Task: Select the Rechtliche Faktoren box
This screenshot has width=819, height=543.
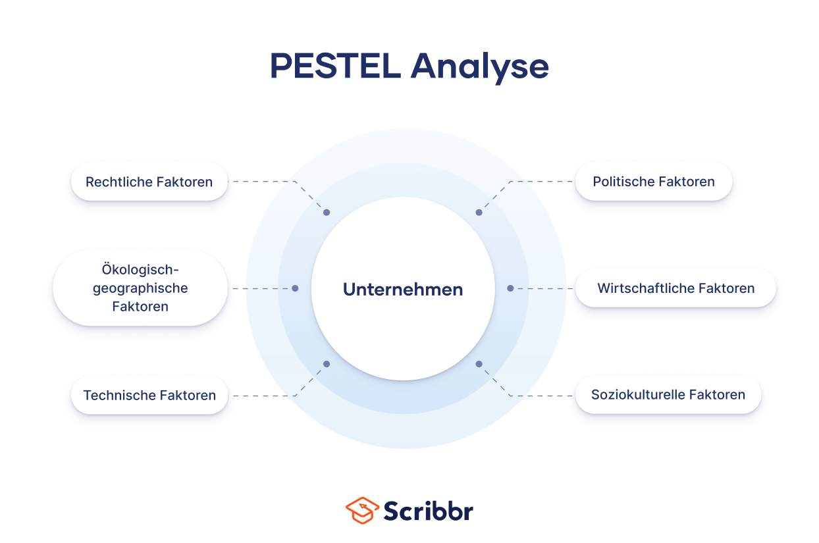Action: [x=149, y=182]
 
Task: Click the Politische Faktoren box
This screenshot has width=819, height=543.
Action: [x=653, y=182]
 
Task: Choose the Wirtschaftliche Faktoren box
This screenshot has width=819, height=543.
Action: [x=675, y=288]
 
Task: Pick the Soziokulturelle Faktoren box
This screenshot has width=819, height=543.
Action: [x=668, y=395]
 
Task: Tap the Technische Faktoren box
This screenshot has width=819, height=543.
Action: [x=149, y=396]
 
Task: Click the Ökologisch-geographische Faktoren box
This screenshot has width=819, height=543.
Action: [x=140, y=288]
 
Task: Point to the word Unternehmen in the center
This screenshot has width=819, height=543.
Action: [x=403, y=289]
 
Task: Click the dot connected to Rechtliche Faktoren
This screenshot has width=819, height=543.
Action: [x=327, y=213]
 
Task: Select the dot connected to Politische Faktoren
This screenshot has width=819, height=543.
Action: [x=479, y=213]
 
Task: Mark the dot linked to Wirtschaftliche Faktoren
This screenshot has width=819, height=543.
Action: [x=510, y=288]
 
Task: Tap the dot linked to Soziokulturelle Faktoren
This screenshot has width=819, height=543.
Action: [x=479, y=364]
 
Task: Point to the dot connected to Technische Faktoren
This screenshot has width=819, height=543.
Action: [x=327, y=364]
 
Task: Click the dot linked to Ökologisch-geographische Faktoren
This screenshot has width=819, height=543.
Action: [x=295, y=288]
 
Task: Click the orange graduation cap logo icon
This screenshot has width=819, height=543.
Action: [x=362, y=511]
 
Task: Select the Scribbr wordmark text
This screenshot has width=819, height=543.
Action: [x=428, y=511]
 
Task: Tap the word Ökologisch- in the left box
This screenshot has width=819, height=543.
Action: [x=140, y=270]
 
